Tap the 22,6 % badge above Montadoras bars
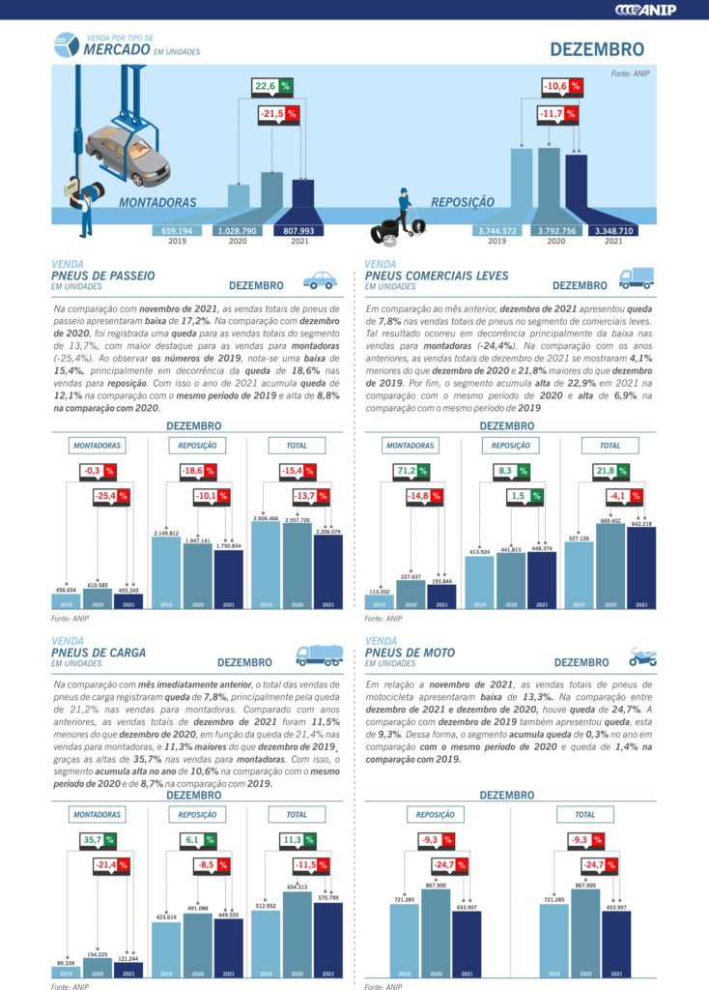click(271, 86)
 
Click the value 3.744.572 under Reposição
click(496, 231)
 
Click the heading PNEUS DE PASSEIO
click(102, 276)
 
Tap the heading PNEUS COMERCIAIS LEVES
click(437, 276)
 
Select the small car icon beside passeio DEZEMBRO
click(321, 281)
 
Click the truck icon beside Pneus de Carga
click(319, 655)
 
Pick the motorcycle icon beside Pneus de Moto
click(642, 658)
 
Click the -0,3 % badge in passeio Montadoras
click(98, 471)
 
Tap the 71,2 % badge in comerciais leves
click(412, 471)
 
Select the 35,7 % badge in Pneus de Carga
click(99, 839)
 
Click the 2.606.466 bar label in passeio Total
click(266, 518)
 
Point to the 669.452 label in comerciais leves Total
click(610, 521)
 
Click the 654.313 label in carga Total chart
click(298, 887)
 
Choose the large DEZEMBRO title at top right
click(597, 48)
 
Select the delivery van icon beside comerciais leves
click(636, 278)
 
